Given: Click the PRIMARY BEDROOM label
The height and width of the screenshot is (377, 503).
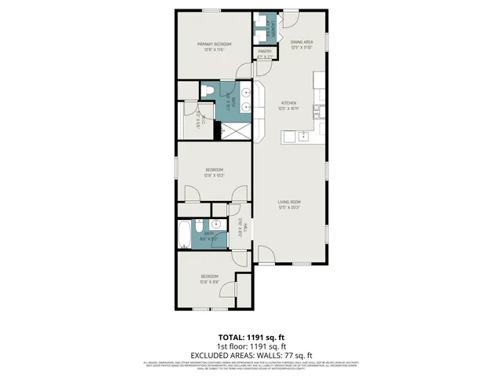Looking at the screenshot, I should (x=215, y=44).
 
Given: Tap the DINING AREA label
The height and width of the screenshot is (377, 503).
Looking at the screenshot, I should (x=302, y=42).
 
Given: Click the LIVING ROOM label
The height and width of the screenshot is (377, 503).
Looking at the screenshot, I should (x=289, y=203).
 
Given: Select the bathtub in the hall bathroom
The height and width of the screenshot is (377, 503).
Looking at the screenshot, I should (x=183, y=233).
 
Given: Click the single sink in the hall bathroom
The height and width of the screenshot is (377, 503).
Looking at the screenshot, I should (x=212, y=224).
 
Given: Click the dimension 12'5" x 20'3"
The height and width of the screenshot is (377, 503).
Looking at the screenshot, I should (x=289, y=208).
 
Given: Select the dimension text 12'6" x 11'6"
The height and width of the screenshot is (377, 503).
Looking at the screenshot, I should (x=215, y=49).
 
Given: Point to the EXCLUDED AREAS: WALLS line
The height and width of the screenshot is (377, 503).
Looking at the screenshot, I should (x=251, y=354).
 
